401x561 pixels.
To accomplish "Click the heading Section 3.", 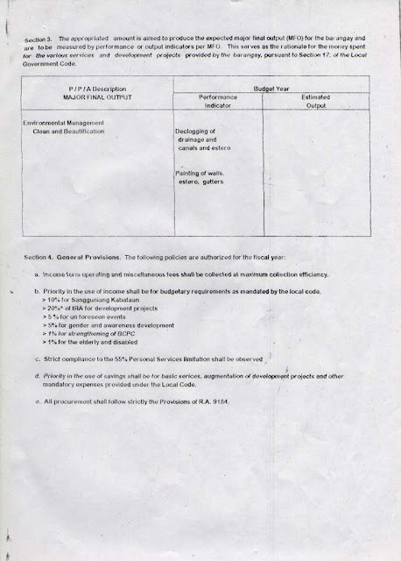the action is pyautogui.click(x=40, y=41).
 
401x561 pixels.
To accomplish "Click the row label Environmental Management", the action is pyautogui.click(x=66, y=123).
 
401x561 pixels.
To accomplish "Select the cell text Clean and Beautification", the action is pyautogui.click(x=67, y=131).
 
